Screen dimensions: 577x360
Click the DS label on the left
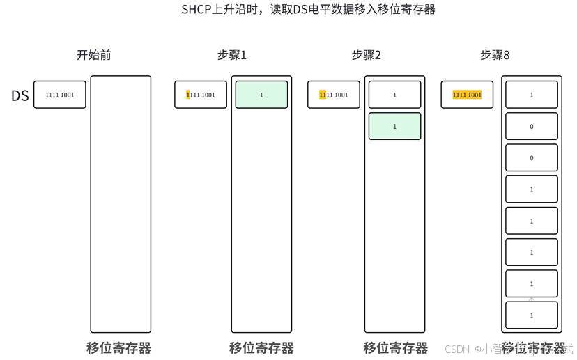click(20, 95)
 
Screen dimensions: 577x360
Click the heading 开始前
click(94, 55)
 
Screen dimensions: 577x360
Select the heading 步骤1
click(232, 55)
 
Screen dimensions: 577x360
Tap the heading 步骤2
click(367, 55)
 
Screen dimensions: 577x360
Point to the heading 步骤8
click(495, 55)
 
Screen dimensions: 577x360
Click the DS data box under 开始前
click(60, 95)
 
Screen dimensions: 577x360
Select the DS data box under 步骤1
click(201, 95)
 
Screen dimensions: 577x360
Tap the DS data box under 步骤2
click(334, 95)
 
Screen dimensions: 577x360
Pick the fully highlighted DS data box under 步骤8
click(467, 95)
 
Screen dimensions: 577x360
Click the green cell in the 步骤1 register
click(261, 95)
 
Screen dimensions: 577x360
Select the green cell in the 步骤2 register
click(394, 126)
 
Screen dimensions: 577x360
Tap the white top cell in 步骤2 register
click(394, 95)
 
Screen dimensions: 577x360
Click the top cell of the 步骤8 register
click(531, 95)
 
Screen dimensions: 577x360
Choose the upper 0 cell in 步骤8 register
click(531, 126)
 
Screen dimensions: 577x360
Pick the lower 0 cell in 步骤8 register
click(531, 157)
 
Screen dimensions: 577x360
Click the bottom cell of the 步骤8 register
click(531, 315)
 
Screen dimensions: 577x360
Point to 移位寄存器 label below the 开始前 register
click(118, 347)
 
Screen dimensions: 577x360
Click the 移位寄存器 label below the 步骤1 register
click(261, 347)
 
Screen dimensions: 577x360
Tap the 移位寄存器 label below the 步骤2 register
click(395, 347)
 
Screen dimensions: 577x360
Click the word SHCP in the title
click(196, 10)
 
